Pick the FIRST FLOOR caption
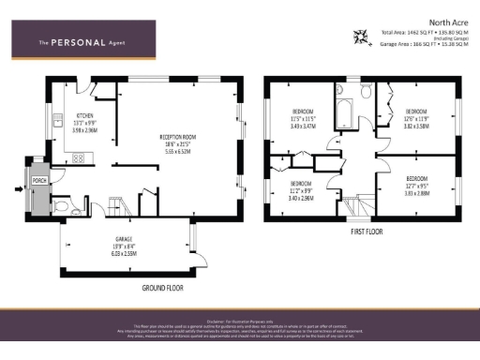pyautogui.click(x=369, y=229)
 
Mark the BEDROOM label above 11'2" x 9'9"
pyautogui.click(x=300, y=183)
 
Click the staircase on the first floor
pyautogui.click(x=356, y=202)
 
